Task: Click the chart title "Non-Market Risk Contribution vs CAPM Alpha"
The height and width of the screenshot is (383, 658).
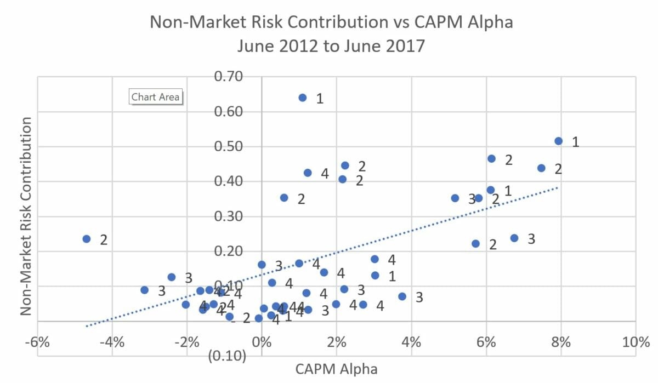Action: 331,23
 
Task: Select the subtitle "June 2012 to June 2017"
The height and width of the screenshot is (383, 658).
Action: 331,45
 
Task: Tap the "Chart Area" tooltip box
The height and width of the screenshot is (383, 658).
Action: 156,97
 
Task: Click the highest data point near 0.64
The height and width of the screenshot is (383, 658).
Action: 303,98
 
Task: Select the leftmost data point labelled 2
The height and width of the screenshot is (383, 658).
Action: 86,239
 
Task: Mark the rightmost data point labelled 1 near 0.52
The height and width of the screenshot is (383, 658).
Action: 559,141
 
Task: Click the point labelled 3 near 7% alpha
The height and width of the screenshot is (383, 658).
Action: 514,238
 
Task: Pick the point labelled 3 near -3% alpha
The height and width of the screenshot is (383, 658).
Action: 144,290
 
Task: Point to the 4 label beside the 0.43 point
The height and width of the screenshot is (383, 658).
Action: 325,174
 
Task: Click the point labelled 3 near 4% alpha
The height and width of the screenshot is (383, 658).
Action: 402,296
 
